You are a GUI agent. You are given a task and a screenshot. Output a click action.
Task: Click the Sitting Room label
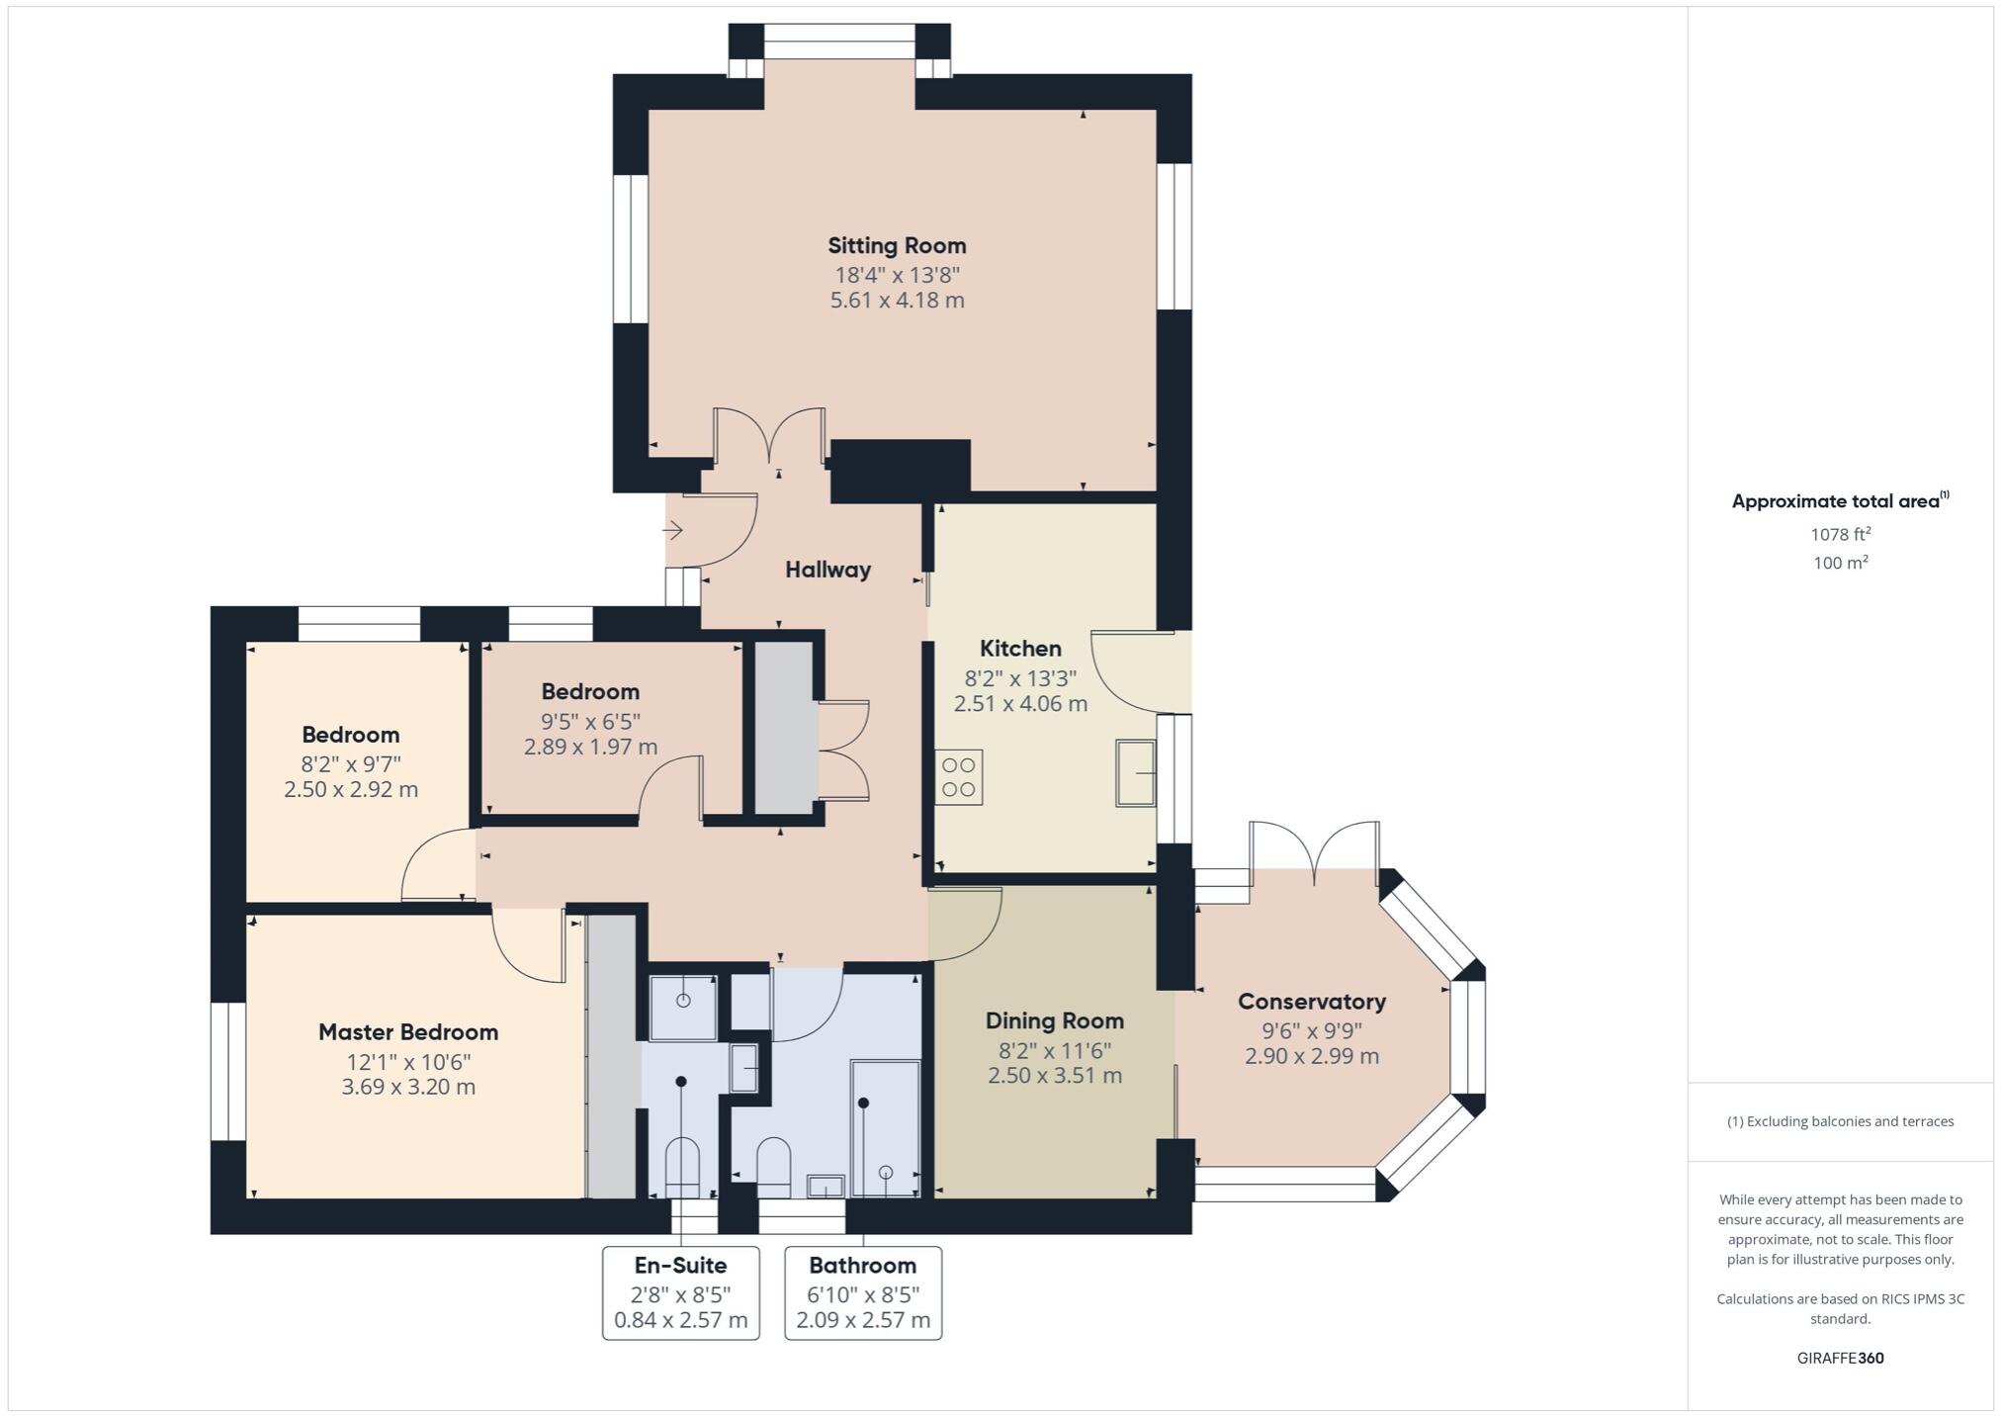pyautogui.click(x=897, y=245)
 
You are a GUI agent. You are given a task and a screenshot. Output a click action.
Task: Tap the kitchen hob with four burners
pyautogui.click(x=958, y=777)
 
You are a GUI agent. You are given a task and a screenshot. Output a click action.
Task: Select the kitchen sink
pyautogui.click(x=1136, y=772)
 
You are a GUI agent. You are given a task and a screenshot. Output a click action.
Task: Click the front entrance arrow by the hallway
pyautogui.click(x=673, y=531)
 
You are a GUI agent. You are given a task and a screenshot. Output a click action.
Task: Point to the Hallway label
pyautogui.click(x=827, y=570)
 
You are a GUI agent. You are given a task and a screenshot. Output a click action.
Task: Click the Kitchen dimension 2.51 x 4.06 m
pyautogui.click(x=1020, y=704)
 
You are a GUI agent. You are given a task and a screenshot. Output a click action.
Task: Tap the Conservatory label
pyautogui.click(x=1311, y=1002)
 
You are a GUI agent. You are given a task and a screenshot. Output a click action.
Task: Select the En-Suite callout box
pyautogui.click(x=680, y=1292)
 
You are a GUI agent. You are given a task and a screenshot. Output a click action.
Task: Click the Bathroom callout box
pyautogui.click(x=863, y=1292)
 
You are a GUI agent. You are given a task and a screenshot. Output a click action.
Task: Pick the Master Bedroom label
pyautogui.click(x=408, y=1032)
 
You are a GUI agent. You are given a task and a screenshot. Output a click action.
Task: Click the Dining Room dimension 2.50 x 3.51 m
pyautogui.click(x=1054, y=1076)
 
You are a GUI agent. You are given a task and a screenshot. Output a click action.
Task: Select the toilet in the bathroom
pyautogui.click(x=773, y=1164)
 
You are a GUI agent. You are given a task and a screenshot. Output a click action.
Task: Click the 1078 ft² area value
pyautogui.click(x=1840, y=534)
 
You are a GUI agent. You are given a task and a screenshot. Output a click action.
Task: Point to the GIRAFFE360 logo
pyautogui.click(x=1840, y=1358)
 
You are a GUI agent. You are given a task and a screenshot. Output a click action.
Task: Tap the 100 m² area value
pyautogui.click(x=1840, y=563)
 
